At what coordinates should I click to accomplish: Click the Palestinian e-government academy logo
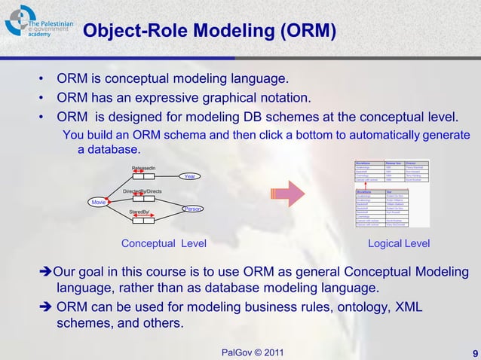(x=38, y=23)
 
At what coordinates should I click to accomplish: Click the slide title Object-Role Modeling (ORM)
(x=209, y=32)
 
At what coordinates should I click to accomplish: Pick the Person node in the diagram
(x=193, y=209)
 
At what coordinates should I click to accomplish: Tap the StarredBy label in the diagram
(x=139, y=213)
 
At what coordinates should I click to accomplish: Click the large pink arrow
(x=286, y=194)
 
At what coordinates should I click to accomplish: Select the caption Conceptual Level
(x=164, y=243)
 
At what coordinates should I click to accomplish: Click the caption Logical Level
(x=398, y=243)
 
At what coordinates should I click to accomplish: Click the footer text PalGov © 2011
(x=253, y=352)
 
